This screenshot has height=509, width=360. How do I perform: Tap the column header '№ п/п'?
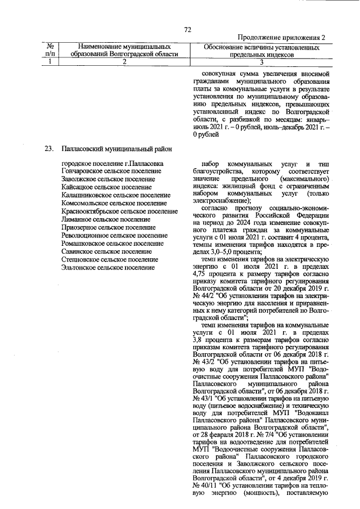[51, 50]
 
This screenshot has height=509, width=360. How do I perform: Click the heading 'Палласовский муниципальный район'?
[116, 149]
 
